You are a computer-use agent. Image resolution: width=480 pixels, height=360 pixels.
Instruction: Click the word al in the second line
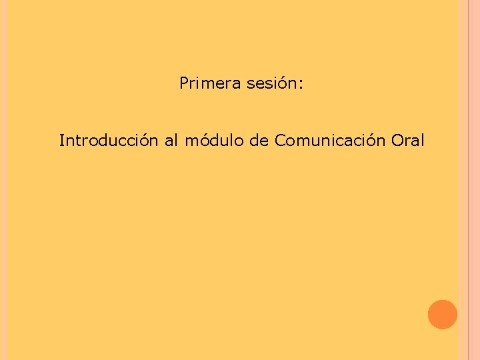[x=171, y=141]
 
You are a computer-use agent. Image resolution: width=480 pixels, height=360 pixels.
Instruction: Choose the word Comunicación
[x=330, y=141]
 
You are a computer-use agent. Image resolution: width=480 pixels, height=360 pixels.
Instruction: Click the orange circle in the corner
[x=442, y=314]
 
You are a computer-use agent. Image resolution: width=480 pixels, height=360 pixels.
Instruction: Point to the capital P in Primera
[x=184, y=84]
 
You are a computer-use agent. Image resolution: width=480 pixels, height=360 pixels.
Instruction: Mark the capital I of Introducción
[x=61, y=141]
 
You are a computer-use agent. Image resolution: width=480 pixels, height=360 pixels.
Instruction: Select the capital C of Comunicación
[x=279, y=141]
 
